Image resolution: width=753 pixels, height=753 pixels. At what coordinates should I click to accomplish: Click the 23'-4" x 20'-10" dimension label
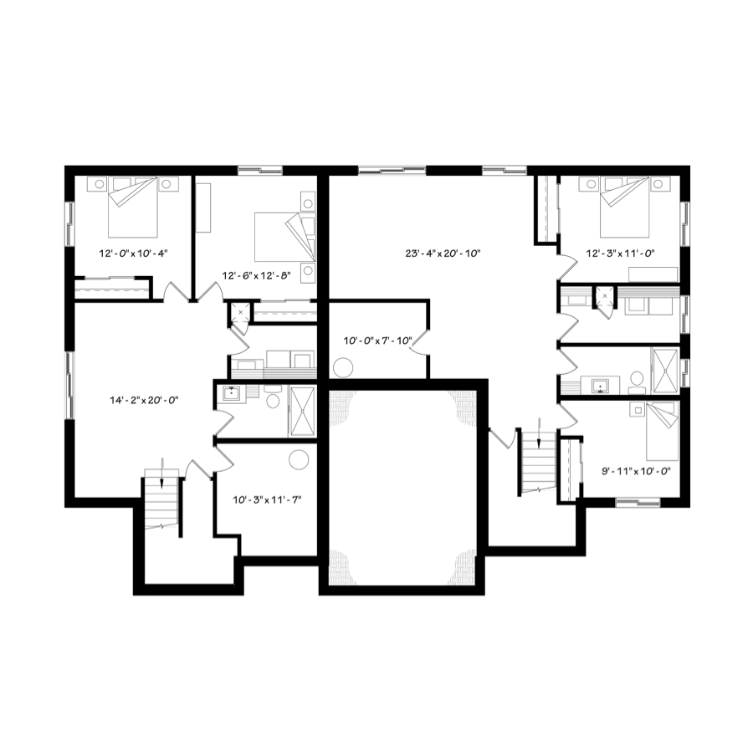point(443,253)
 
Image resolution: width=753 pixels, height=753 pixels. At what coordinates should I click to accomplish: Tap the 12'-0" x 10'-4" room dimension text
point(133,253)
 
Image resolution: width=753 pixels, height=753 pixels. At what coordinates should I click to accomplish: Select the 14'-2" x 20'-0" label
point(144,400)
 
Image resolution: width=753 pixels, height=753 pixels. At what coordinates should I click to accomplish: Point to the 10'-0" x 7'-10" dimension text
point(378,341)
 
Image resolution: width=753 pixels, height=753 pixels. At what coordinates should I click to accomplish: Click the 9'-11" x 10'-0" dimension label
point(636,471)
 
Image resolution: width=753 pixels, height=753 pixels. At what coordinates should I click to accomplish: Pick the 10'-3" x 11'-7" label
point(267,500)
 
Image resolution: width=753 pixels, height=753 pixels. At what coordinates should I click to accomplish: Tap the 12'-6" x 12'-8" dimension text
point(257,275)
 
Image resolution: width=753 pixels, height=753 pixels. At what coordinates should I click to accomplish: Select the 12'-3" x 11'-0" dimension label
point(621,253)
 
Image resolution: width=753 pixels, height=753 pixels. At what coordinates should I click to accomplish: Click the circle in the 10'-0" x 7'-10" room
point(343,368)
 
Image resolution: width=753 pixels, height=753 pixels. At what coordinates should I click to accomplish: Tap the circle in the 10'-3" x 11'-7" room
point(299,459)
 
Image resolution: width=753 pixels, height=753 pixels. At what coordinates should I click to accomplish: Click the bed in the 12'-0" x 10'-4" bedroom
point(133,207)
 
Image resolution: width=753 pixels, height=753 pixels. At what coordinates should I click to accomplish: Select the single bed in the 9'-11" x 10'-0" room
point(662,431)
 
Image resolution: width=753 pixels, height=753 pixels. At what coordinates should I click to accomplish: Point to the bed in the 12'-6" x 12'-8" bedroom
point(284,237)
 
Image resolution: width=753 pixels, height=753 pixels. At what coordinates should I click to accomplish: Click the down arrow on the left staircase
point(162,473)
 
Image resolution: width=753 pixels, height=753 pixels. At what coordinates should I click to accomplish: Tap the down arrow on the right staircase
point(539,433)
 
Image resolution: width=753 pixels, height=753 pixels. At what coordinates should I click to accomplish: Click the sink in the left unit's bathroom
point(231,394)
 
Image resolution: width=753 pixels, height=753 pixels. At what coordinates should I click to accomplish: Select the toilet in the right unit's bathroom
point(638,381)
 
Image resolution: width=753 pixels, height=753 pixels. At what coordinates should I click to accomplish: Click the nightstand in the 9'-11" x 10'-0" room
point(638,411)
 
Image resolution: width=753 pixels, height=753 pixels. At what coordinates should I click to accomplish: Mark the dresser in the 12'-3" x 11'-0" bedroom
point(653,274)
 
